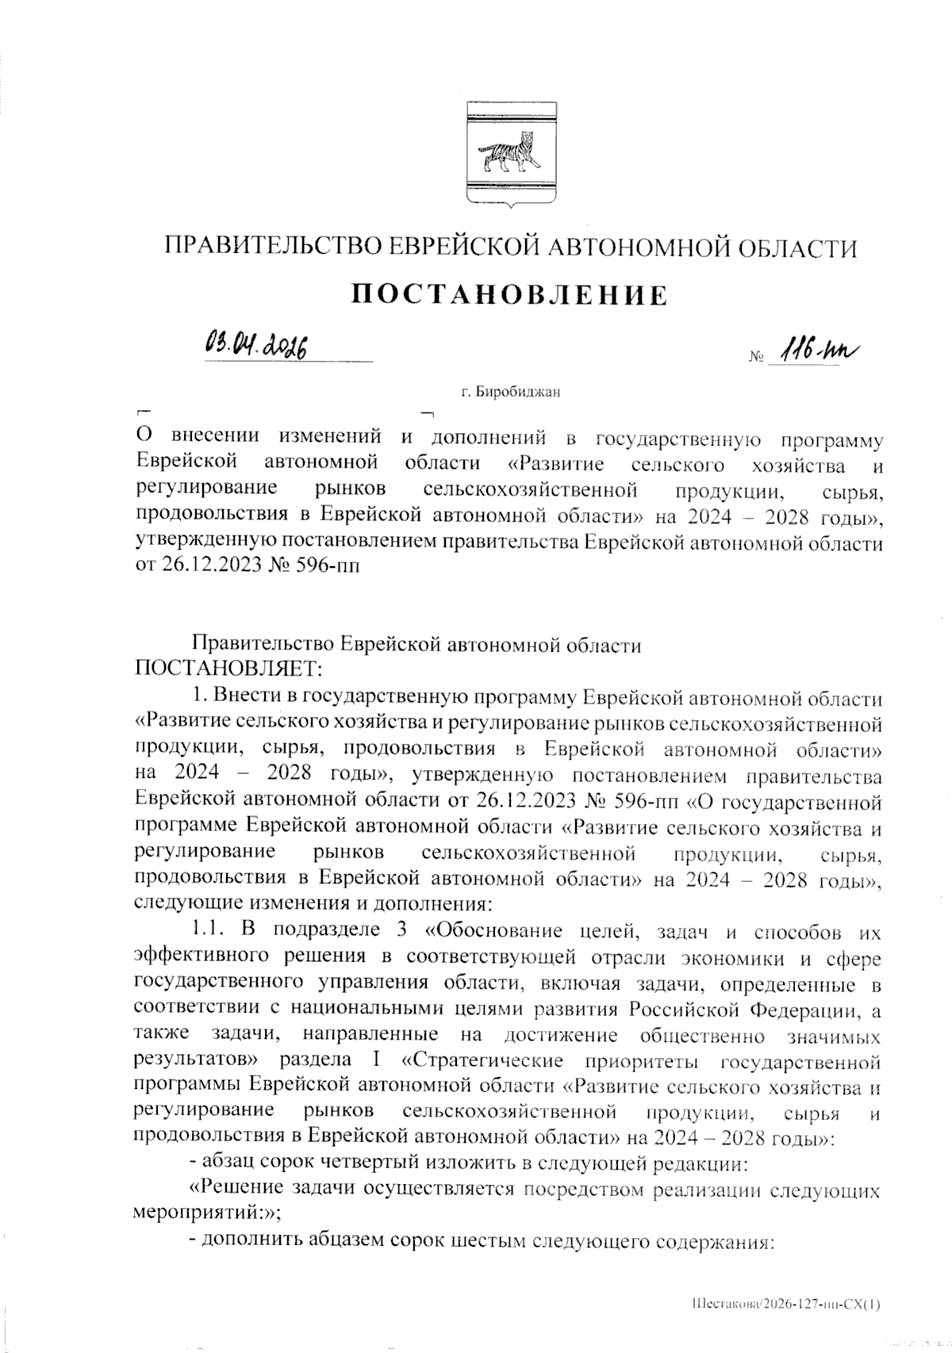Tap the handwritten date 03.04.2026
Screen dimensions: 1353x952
pos(255,346)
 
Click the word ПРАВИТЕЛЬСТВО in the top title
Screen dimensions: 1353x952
pos(264,247)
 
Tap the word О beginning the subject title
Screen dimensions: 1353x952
pos(144,438)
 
